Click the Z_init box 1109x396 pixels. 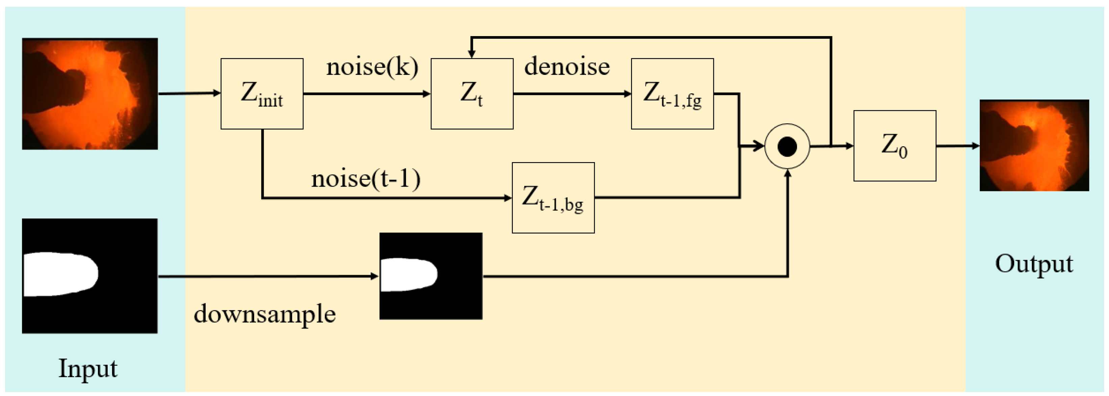pos(262,94)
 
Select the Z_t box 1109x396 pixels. pos(472,94)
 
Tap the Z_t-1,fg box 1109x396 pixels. pos(672,94)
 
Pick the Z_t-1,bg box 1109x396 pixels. pos(553,198)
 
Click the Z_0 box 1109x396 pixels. pos(895,146)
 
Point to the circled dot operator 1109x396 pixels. pos(787,146)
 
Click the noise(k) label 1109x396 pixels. pos(372,67)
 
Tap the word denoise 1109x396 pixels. pos(566,67)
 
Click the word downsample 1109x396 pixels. pos(264,314)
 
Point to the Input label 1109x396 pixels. pos(88,368)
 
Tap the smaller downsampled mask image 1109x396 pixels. pos(430,276)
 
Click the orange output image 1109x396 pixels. pos(1034,145)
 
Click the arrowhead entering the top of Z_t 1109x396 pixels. pos(472,53)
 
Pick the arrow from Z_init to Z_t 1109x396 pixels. pos(366,94)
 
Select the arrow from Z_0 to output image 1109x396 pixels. pos(957,146)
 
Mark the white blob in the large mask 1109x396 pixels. pos(58,274)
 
